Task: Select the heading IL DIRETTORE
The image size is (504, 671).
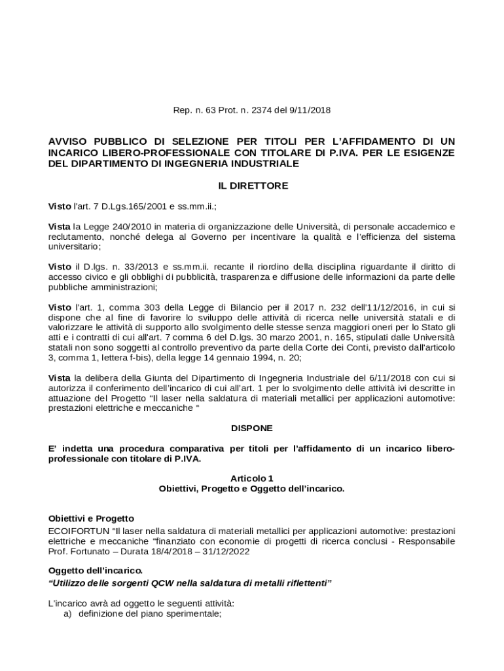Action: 253,186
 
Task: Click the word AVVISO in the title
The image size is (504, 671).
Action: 69,142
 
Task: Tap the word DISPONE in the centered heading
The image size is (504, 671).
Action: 252,428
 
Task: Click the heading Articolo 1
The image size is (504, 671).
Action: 252,478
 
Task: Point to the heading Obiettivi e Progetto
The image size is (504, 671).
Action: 91,518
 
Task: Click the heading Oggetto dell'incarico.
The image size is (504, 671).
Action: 95,571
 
